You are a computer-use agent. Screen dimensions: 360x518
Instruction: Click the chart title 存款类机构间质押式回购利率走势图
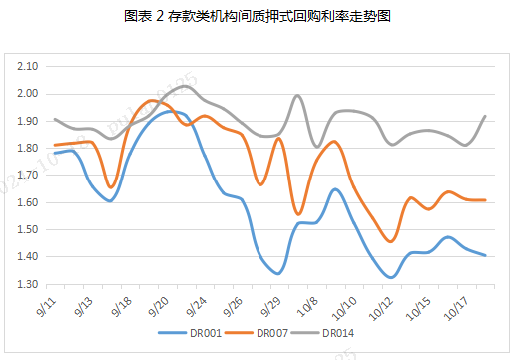click(x=259, y=17)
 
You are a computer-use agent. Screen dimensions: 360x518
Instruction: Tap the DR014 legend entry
click(x=337, y=332)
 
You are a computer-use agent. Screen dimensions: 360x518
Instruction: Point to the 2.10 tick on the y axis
click(x=29, y=66)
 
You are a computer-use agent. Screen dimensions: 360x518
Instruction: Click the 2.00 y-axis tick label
click(x=29, y=94)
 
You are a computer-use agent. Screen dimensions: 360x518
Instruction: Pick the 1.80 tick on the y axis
click(x=29, y=148)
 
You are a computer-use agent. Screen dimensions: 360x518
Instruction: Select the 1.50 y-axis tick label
click(x=29, y=229)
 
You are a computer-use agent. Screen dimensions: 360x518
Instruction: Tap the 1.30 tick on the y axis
click(x=29, y=284)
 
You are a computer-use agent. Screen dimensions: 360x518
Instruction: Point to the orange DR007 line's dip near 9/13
click(x=110, y=186)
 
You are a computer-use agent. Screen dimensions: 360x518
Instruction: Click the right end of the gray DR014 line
click(x=485, y=116)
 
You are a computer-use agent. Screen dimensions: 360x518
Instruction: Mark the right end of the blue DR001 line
click(x=485, y=255)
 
